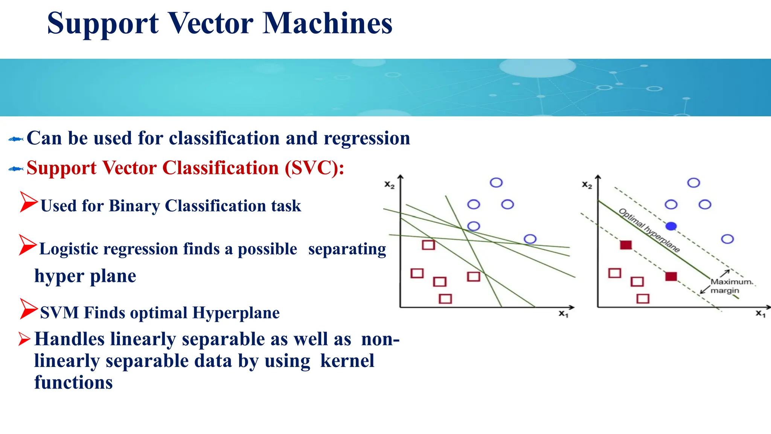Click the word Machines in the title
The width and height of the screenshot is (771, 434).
point(328,23)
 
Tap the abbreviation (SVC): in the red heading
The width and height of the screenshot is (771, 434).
point(314,168)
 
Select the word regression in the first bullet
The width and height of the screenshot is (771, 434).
point(367,139)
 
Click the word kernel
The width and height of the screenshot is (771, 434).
point(347,361)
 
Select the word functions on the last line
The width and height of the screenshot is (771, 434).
point(73,383)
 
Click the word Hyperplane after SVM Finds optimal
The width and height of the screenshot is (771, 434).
point(236,313)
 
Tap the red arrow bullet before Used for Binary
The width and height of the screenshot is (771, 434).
point(29,202)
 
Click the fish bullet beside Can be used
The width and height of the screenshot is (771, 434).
point(16,139)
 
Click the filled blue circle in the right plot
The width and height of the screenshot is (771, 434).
point(671,226)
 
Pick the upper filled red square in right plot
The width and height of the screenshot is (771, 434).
point(626,245)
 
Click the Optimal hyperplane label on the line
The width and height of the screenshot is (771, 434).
point(649,230)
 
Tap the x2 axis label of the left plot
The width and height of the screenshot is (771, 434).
point(389,185)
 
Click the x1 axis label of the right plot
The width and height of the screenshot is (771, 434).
point(760,314)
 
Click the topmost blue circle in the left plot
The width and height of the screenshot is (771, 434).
point(496,183)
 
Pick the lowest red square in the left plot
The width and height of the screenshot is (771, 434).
point(445,299)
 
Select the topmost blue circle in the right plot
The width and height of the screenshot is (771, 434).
point(693,183)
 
